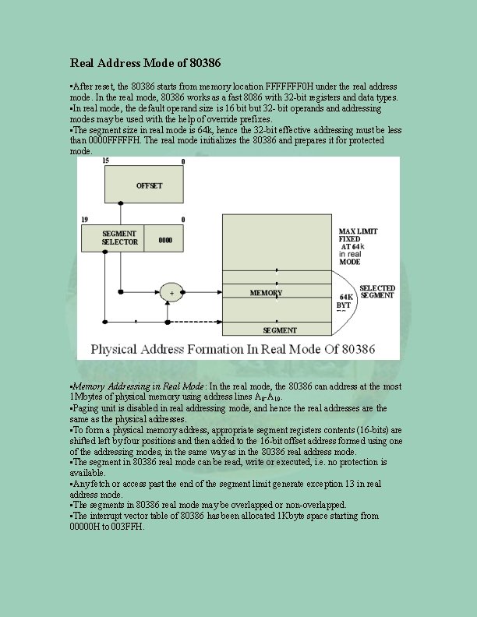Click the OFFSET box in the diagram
pos(149,185)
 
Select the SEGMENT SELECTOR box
pos(119,238)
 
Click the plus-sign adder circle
pos(171,293)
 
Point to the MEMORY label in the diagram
pos(266,293)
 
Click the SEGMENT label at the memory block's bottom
pos(279,330)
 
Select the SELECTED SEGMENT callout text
pos(377,292)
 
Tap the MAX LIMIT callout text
pos(358,231)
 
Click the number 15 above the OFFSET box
pos(105,160)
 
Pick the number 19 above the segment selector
pos(83,220)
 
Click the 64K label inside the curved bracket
pos(345,297)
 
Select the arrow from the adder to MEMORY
pos(202,293)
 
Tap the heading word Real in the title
pos(85,62)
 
